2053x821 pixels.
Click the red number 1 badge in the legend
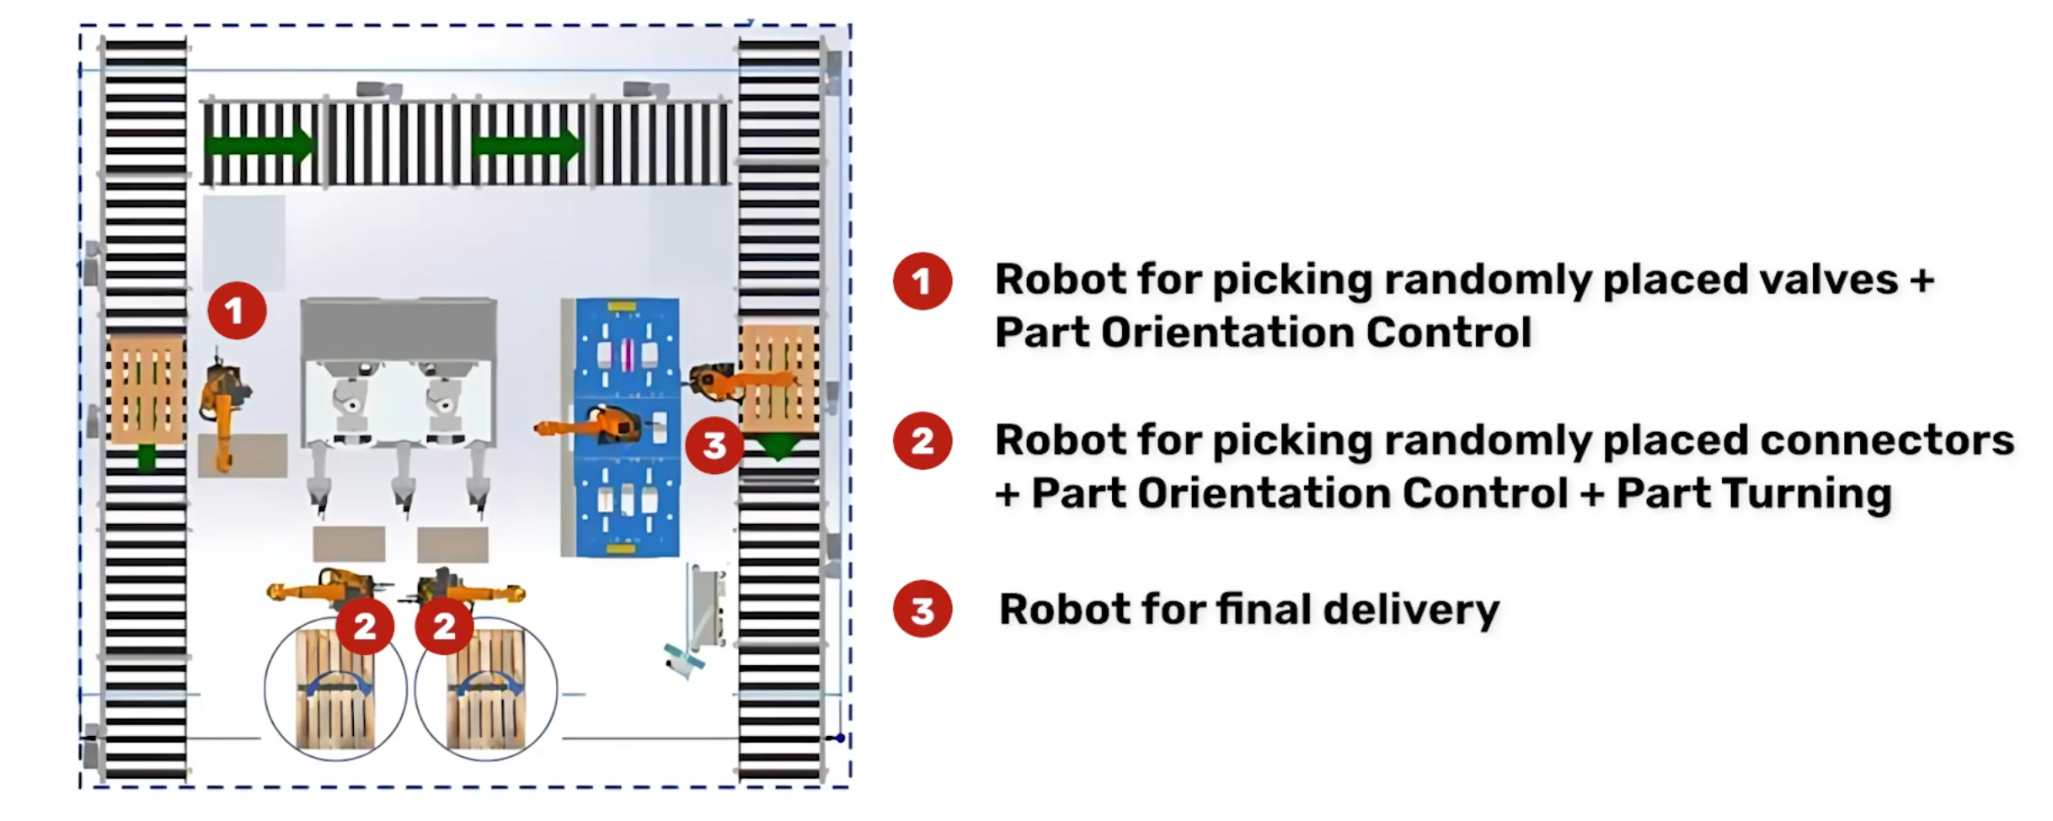click(922, 281)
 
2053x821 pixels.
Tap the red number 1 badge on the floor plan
click(237, 311)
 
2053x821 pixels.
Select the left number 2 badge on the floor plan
click(364, 626)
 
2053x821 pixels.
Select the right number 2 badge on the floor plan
click(444, 626)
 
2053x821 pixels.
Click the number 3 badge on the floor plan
click(714, 445)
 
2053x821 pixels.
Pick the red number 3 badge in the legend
click(922, 609)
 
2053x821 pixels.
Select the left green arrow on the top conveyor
click(259, 146)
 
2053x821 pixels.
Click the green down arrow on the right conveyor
click(778, 446)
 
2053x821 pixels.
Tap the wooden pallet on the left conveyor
click(147, 389)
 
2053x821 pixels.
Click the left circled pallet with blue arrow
click(335, 690)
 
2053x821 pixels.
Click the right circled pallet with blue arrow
click(486, 690)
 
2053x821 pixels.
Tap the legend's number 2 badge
click(922, 440)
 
